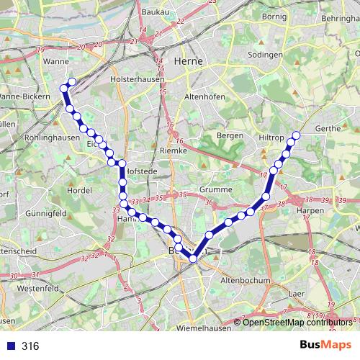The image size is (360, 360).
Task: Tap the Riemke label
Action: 173,152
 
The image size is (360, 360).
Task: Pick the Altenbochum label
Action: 246,280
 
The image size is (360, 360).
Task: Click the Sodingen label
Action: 265,55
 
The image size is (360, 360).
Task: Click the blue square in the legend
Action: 10,346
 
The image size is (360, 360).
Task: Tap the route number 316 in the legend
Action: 30,346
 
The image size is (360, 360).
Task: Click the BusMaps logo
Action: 325,346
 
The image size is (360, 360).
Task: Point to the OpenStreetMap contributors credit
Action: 300,322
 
